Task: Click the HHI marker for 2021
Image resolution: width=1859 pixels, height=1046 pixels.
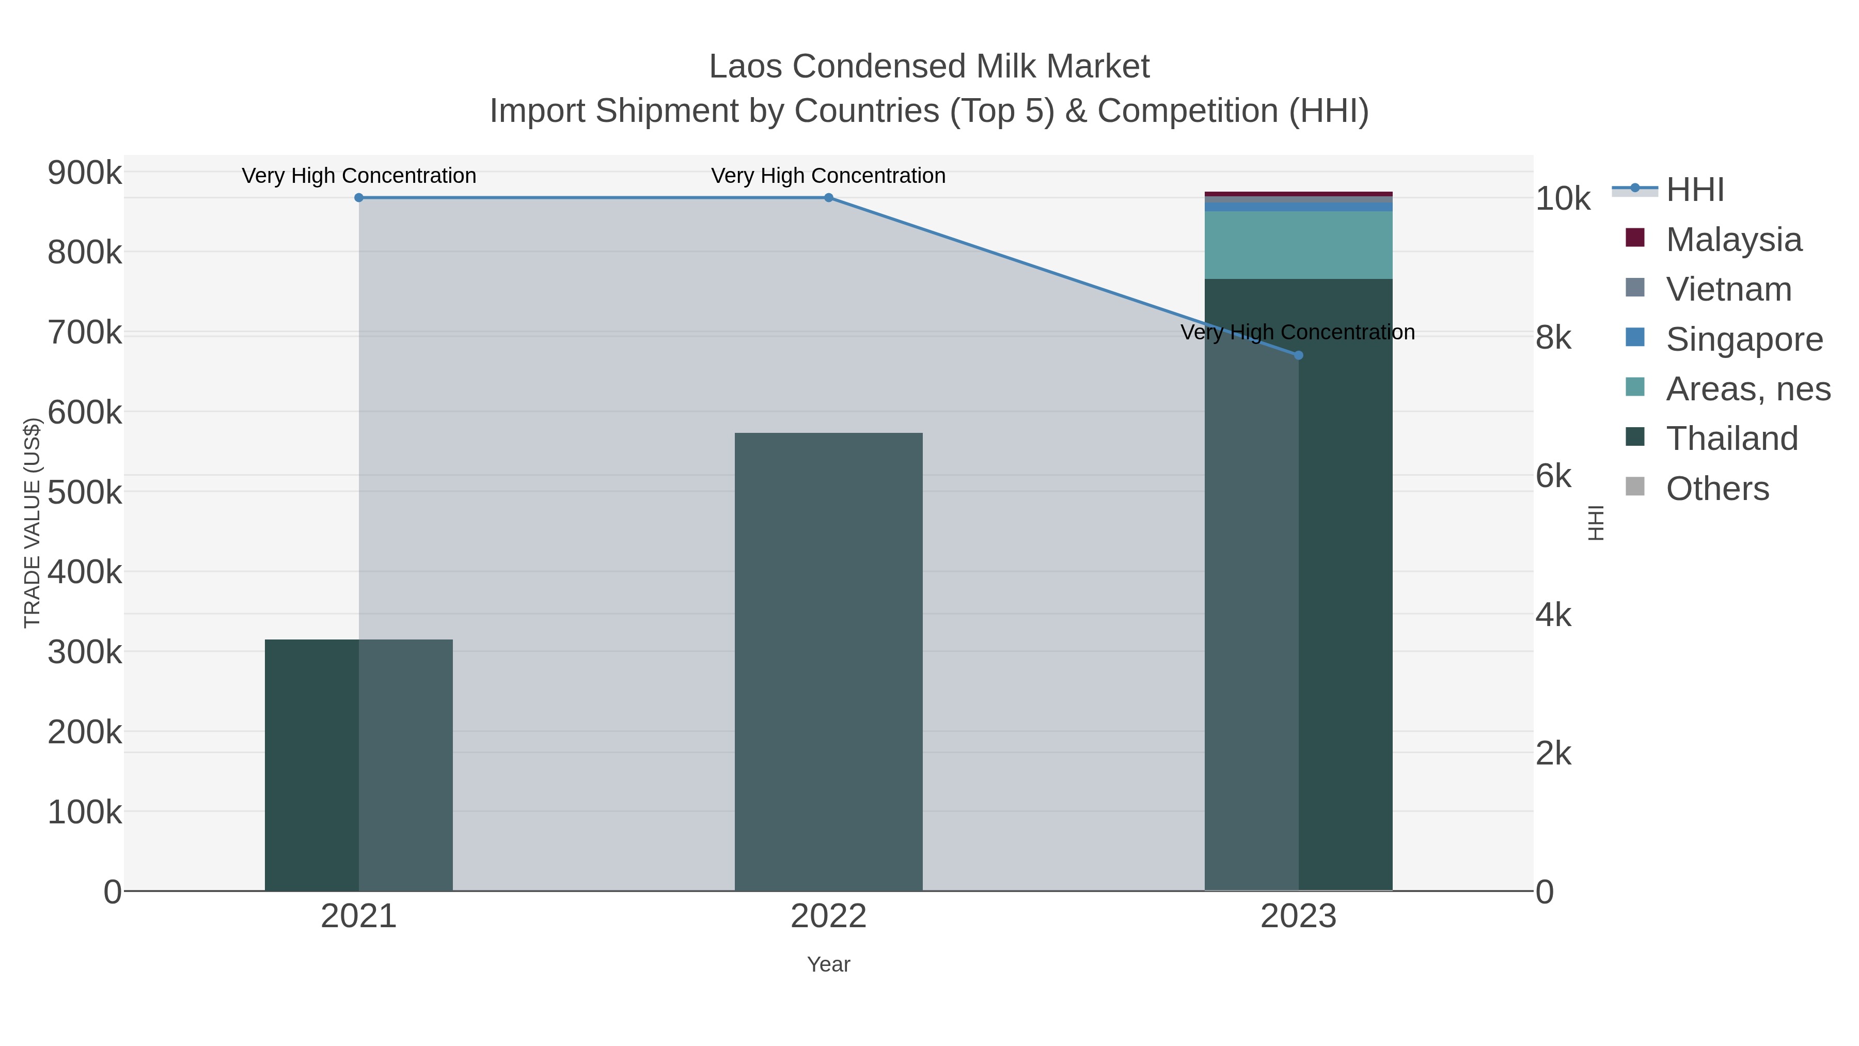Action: (x=359, y=198)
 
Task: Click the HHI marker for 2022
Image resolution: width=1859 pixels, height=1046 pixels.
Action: (x=828, y=198)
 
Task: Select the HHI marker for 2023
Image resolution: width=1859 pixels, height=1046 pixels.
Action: (x=1298, y=355)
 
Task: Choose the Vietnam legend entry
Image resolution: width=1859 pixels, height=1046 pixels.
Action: (x=1728, y=289)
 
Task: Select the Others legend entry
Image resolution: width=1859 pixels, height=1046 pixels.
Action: (x=1717, y=489)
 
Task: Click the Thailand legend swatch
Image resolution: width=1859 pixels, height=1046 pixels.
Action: (x=1635, y=438)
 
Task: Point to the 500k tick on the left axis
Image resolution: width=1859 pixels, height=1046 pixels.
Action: (x=85, y=493)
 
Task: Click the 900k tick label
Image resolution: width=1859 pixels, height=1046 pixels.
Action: (x=85, y=173)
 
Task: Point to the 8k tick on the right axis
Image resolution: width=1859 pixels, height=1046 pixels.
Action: (x=1553, y=338)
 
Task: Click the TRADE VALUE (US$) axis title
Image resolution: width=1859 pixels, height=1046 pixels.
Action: (x=33, y=523)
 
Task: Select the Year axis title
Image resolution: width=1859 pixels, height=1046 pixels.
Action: (x=828, y=964)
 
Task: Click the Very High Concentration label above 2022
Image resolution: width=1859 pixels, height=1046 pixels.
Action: (x=828, y=176)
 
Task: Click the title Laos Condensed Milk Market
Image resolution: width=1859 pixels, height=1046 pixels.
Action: (x=929, y=67)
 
